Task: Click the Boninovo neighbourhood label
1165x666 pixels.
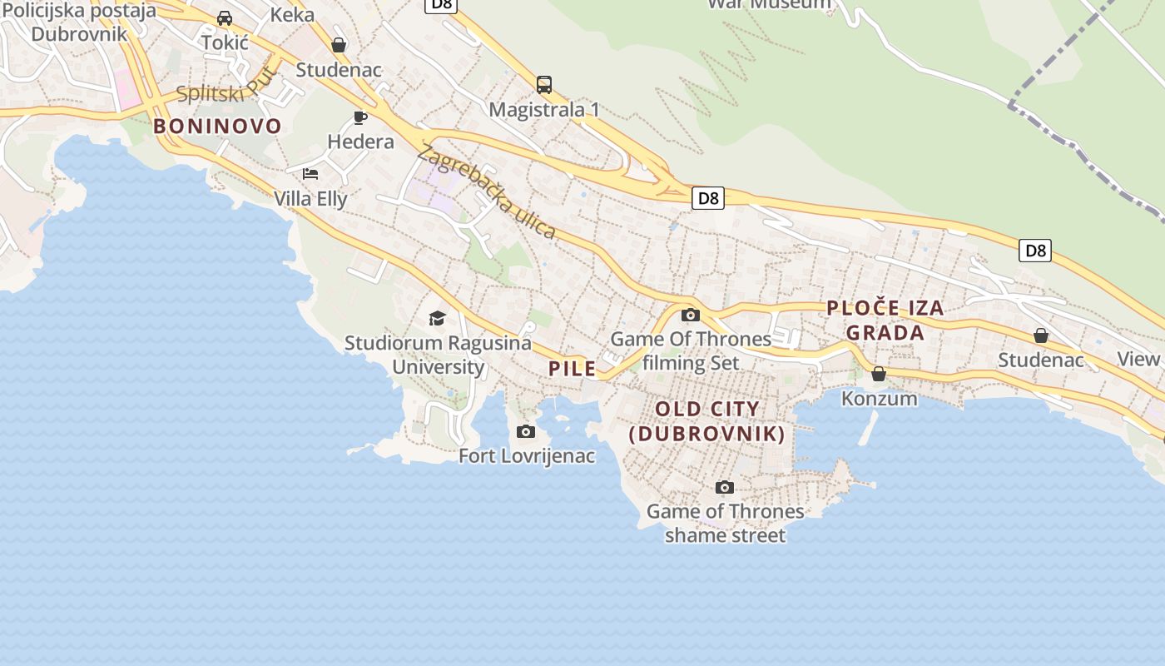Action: (x=217, y=127)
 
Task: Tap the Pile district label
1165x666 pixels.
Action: (x=573, y=369)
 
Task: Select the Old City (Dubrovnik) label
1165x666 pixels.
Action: (x=706, y=421)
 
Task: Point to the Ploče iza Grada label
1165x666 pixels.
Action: (x=885, y=321)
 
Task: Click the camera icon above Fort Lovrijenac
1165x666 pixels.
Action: (x=526, y=431)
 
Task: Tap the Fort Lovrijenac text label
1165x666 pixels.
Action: (x=527, y=455)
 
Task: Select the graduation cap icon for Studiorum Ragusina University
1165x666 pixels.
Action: (x=437, y=318)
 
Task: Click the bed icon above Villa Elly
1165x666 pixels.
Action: (x=310, y=173)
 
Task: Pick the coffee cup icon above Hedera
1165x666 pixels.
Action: (x=360, y=117)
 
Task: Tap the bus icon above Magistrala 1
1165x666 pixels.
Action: (x=544, y=84)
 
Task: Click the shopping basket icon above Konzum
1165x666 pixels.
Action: (x=879, y=374)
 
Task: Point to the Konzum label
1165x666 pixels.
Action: (x=879, y=398)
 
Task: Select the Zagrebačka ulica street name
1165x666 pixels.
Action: (x=487, y=191)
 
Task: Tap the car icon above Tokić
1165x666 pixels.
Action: (x=225, y=17)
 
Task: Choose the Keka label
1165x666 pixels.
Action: (x=293, y=14)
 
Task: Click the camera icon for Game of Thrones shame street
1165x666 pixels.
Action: (x=725, y=487)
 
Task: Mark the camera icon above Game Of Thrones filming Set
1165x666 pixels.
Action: (x=691, y=315)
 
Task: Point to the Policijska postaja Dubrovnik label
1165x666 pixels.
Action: (x=79, y=22)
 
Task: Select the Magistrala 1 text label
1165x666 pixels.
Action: (x=544, y=109)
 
